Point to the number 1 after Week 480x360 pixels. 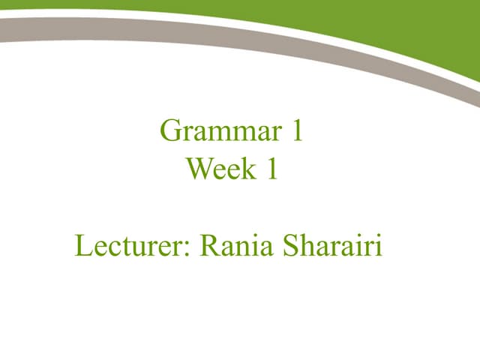point(271,169)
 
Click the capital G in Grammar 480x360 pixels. point(170,132)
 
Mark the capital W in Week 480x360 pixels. point(199,169)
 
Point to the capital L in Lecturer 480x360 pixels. point(82,246)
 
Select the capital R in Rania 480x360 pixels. point(208,246)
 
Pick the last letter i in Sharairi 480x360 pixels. point(379,246)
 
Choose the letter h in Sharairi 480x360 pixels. point(304,246)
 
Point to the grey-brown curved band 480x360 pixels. point(225,30)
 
